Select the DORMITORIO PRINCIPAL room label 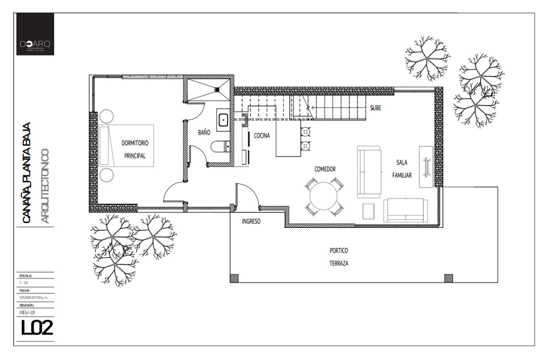click(135, 149)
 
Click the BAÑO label click(204, 132)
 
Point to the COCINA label click(262, 136)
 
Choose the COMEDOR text click(325, 169)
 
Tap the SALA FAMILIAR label click(402, 169)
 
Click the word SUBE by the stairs click(376, 108)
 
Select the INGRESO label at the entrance click(251, 221)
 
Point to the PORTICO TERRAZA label click(339, 256)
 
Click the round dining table click(324, 197)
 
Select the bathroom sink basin click(222, 119)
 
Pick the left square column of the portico click(234, 278)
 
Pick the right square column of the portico click(449, 278)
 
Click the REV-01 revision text click(28, 312)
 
